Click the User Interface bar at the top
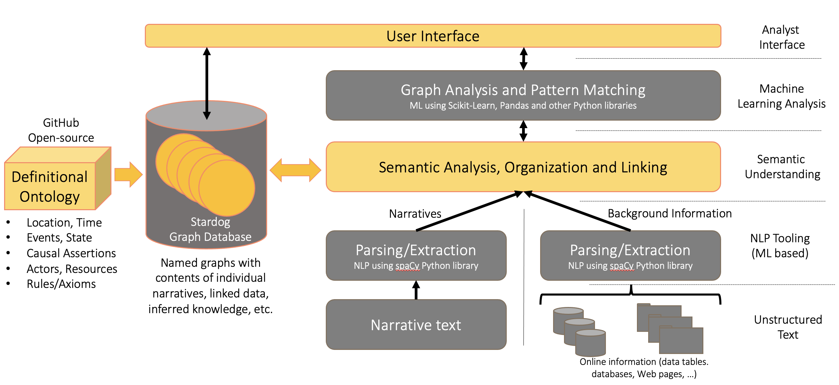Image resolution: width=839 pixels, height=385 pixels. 433,36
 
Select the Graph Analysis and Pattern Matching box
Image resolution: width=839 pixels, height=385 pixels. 523,95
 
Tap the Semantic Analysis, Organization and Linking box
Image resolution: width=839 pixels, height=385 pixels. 523,167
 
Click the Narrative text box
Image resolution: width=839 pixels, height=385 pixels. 416,325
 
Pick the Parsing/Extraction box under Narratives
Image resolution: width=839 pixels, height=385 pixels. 416,256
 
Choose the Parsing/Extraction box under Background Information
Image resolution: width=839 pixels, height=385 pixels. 630,256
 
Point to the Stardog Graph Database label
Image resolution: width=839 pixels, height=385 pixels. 210,229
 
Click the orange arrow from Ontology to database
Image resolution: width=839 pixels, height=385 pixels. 128,174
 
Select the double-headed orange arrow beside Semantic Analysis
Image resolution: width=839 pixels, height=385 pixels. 295,170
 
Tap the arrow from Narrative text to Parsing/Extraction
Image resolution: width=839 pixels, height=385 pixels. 416,290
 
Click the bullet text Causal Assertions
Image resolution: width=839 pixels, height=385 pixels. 71,253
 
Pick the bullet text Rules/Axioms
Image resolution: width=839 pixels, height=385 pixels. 61,284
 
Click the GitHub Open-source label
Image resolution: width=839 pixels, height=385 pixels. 61,130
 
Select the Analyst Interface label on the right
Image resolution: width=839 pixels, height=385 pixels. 781,37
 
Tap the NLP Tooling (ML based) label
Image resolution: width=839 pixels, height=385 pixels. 780,246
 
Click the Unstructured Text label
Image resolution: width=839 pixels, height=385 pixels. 788,327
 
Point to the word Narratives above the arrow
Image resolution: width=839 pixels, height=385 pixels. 415,214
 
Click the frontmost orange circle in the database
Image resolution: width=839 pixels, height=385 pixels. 227,188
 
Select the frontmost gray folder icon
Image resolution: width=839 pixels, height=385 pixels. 681,341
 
